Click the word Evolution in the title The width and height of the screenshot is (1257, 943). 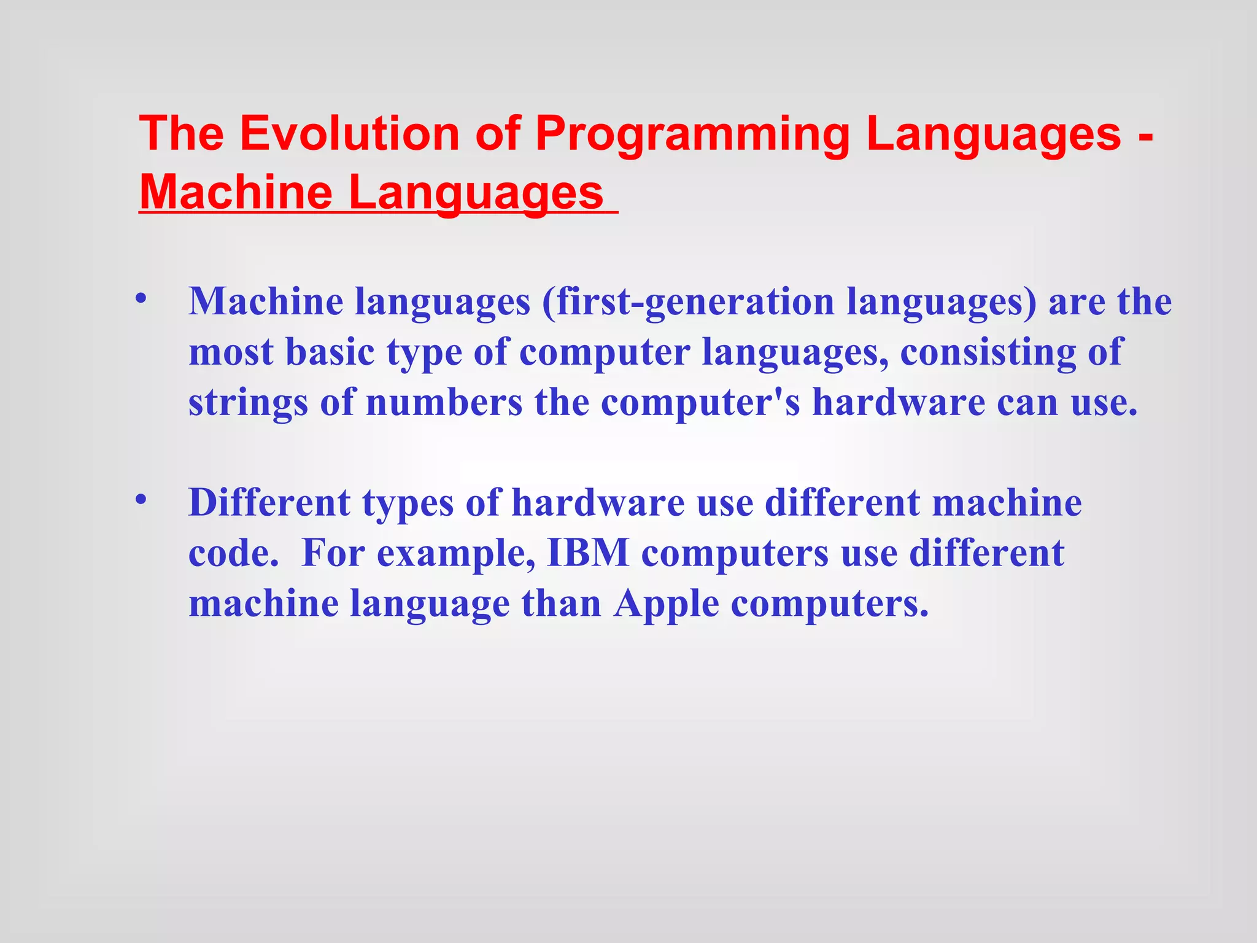point(349,133)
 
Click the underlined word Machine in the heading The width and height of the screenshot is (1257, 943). point(236,192)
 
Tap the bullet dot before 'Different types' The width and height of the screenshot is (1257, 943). point(141,500)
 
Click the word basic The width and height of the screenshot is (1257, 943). point(330,352)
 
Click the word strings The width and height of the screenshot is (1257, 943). point(248,404)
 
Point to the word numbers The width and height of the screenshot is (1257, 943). point(444,403)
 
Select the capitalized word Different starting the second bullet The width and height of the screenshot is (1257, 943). point(269,503)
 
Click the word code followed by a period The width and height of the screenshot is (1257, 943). point(230,553)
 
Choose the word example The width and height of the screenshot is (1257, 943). point(455,554)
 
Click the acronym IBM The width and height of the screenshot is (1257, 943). point(587,553)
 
